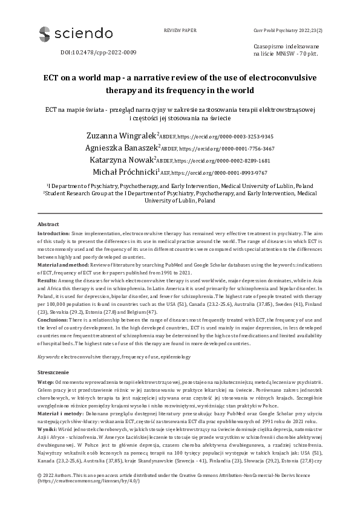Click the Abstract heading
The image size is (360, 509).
click(48, 224)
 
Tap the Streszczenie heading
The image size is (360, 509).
click(55, 374)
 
